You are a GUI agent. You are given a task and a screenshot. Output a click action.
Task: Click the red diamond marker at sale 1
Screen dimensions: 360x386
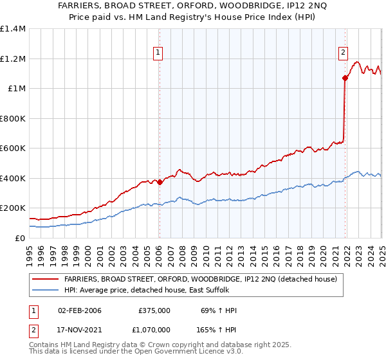tap(160, 182)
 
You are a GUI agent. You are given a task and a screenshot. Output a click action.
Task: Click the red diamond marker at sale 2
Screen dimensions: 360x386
tap(345, 78)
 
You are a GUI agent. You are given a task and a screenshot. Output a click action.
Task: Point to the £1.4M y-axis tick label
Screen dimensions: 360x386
tap(13, 29)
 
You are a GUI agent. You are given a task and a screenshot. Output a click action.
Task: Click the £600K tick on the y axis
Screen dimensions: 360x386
tap(13, 148)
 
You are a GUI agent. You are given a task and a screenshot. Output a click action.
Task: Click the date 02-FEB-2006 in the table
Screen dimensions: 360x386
tap(79, 310)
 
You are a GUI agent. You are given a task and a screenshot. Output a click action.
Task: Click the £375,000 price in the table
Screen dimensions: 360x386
tap(154, 310)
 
